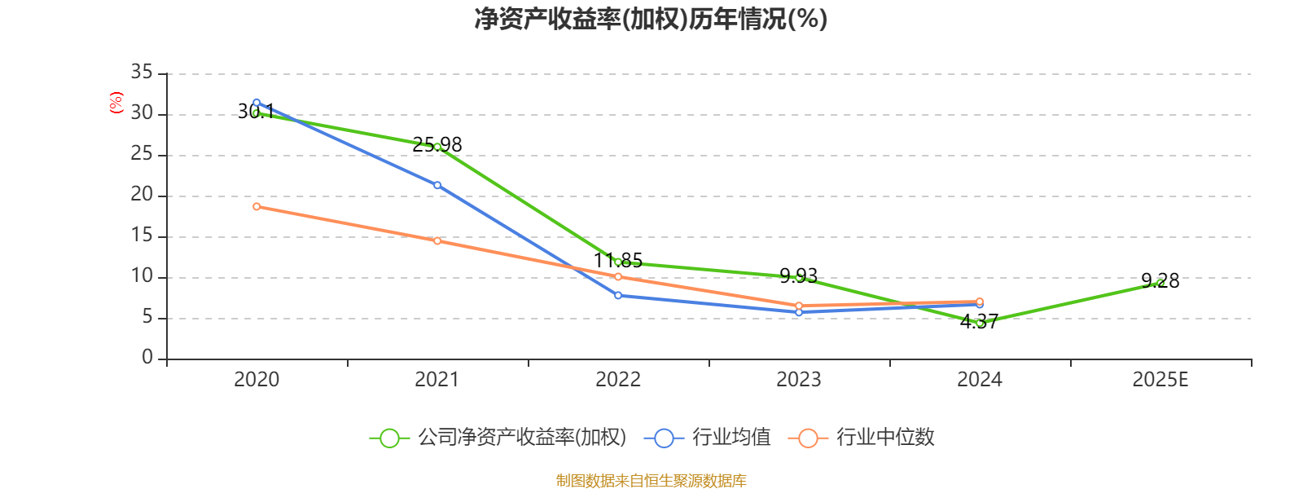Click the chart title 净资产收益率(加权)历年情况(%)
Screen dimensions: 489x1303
[651, 19]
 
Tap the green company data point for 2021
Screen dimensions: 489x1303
[437, 147]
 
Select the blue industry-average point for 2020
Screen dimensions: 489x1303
[257, 103]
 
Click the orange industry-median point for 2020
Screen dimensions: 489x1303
[257, 206]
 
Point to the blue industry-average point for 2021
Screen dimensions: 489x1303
[437, 185]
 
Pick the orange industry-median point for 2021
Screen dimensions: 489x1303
[437, 240]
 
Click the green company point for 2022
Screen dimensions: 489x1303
[618, 262]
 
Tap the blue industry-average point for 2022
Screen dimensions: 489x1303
[618, 295]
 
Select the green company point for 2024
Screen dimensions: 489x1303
[980, 324]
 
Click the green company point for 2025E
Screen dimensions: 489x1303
[1160, 282]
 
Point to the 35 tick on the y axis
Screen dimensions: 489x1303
[142, 73]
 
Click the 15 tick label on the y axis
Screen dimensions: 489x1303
[142, 236]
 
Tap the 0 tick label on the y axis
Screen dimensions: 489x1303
[147, 358]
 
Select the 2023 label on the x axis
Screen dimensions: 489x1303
[799, 380]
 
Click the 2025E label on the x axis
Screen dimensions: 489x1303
[1160, 380]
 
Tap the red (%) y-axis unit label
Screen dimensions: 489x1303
[116, 103]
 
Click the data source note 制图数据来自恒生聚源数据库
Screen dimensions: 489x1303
[651, 481]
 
